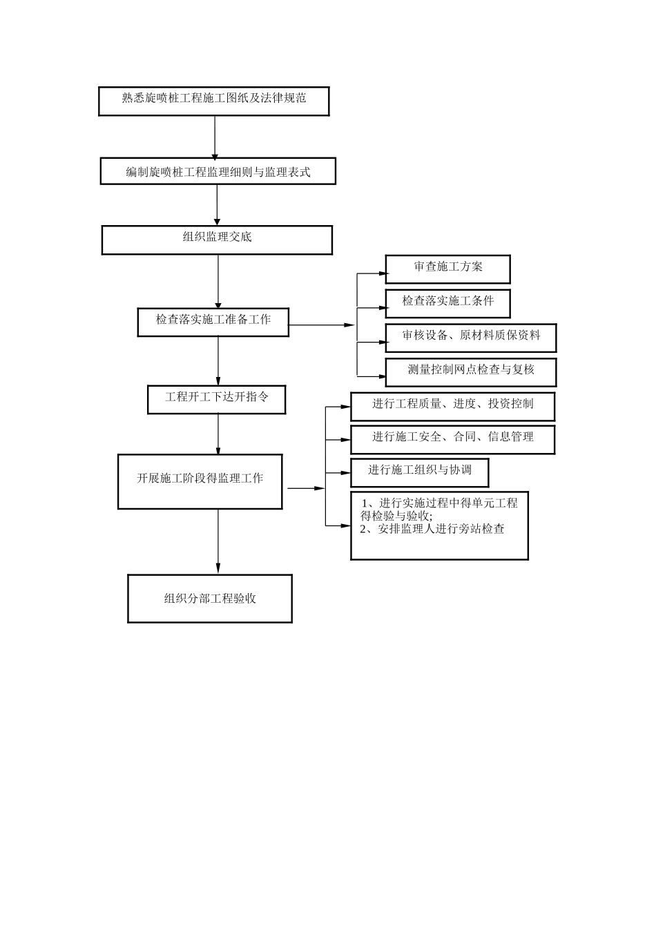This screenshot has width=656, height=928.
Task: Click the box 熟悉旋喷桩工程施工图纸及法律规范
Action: point(214,101)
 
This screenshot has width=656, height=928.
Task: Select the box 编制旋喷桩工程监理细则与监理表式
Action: point(218,171)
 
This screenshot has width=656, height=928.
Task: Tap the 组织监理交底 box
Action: point(217,240)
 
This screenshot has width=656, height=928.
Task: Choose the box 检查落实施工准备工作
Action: point(213,322)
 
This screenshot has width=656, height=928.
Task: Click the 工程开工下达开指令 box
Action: point(216,399)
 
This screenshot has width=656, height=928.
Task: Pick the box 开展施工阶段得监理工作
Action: point(200,481)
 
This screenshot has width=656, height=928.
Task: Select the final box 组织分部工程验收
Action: point(210,598)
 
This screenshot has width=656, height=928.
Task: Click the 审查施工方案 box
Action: point(447,269)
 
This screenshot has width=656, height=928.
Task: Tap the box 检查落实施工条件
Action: point(448,303)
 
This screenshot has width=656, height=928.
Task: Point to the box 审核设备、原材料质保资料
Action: point(470,338)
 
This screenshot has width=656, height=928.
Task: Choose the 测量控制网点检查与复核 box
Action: point(470,371)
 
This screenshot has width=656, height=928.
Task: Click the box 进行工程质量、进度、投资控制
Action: point(452,406)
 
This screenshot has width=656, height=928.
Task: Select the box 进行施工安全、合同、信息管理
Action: point(452,439)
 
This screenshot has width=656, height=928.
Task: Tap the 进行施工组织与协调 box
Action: point(420,472)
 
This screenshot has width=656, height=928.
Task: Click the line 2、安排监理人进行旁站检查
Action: point(432,530)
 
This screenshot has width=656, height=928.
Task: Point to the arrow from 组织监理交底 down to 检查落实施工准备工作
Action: point(218,281)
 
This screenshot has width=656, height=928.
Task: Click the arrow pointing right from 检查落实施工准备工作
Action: point(321,325)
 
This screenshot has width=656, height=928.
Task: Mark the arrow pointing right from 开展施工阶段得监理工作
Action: point(305,488)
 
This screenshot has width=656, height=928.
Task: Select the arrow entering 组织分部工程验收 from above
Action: point(218,541)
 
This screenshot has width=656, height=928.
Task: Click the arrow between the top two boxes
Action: point(215,137)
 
